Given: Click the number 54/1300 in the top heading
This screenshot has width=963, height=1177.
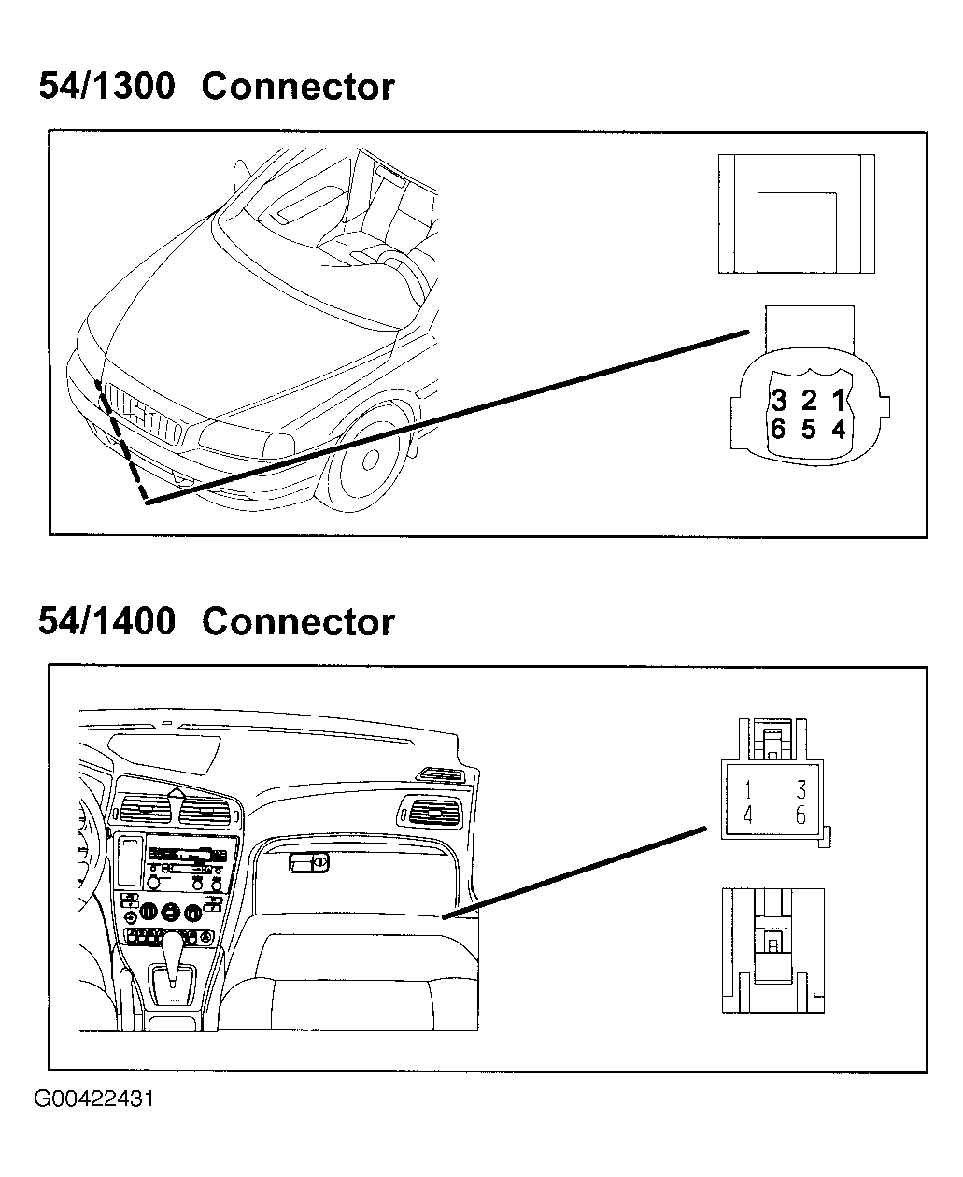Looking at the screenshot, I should [106, 87].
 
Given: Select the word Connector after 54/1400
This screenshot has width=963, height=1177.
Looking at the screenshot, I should [298, 621].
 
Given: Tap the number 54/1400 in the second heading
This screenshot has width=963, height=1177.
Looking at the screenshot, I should [106, 621].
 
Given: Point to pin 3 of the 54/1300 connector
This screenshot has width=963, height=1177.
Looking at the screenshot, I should [779, 402].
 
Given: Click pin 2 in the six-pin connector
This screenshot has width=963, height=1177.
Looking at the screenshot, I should [809, 402].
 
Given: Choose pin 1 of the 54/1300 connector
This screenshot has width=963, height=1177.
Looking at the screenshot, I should [839, 402].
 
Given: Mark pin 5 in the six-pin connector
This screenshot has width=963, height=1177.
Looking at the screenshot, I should [809, 430].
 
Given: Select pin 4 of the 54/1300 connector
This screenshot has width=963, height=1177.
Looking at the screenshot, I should [839, 430].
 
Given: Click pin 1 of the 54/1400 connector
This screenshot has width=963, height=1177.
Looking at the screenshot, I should [748, 790].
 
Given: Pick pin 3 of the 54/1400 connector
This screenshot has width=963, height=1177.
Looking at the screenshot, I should [800, 790].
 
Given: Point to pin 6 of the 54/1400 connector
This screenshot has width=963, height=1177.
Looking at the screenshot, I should [800, 815].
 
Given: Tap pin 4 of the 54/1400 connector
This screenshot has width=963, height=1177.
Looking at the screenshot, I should [748, 815].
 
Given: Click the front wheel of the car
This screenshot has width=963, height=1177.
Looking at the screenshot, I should [367, 461].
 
